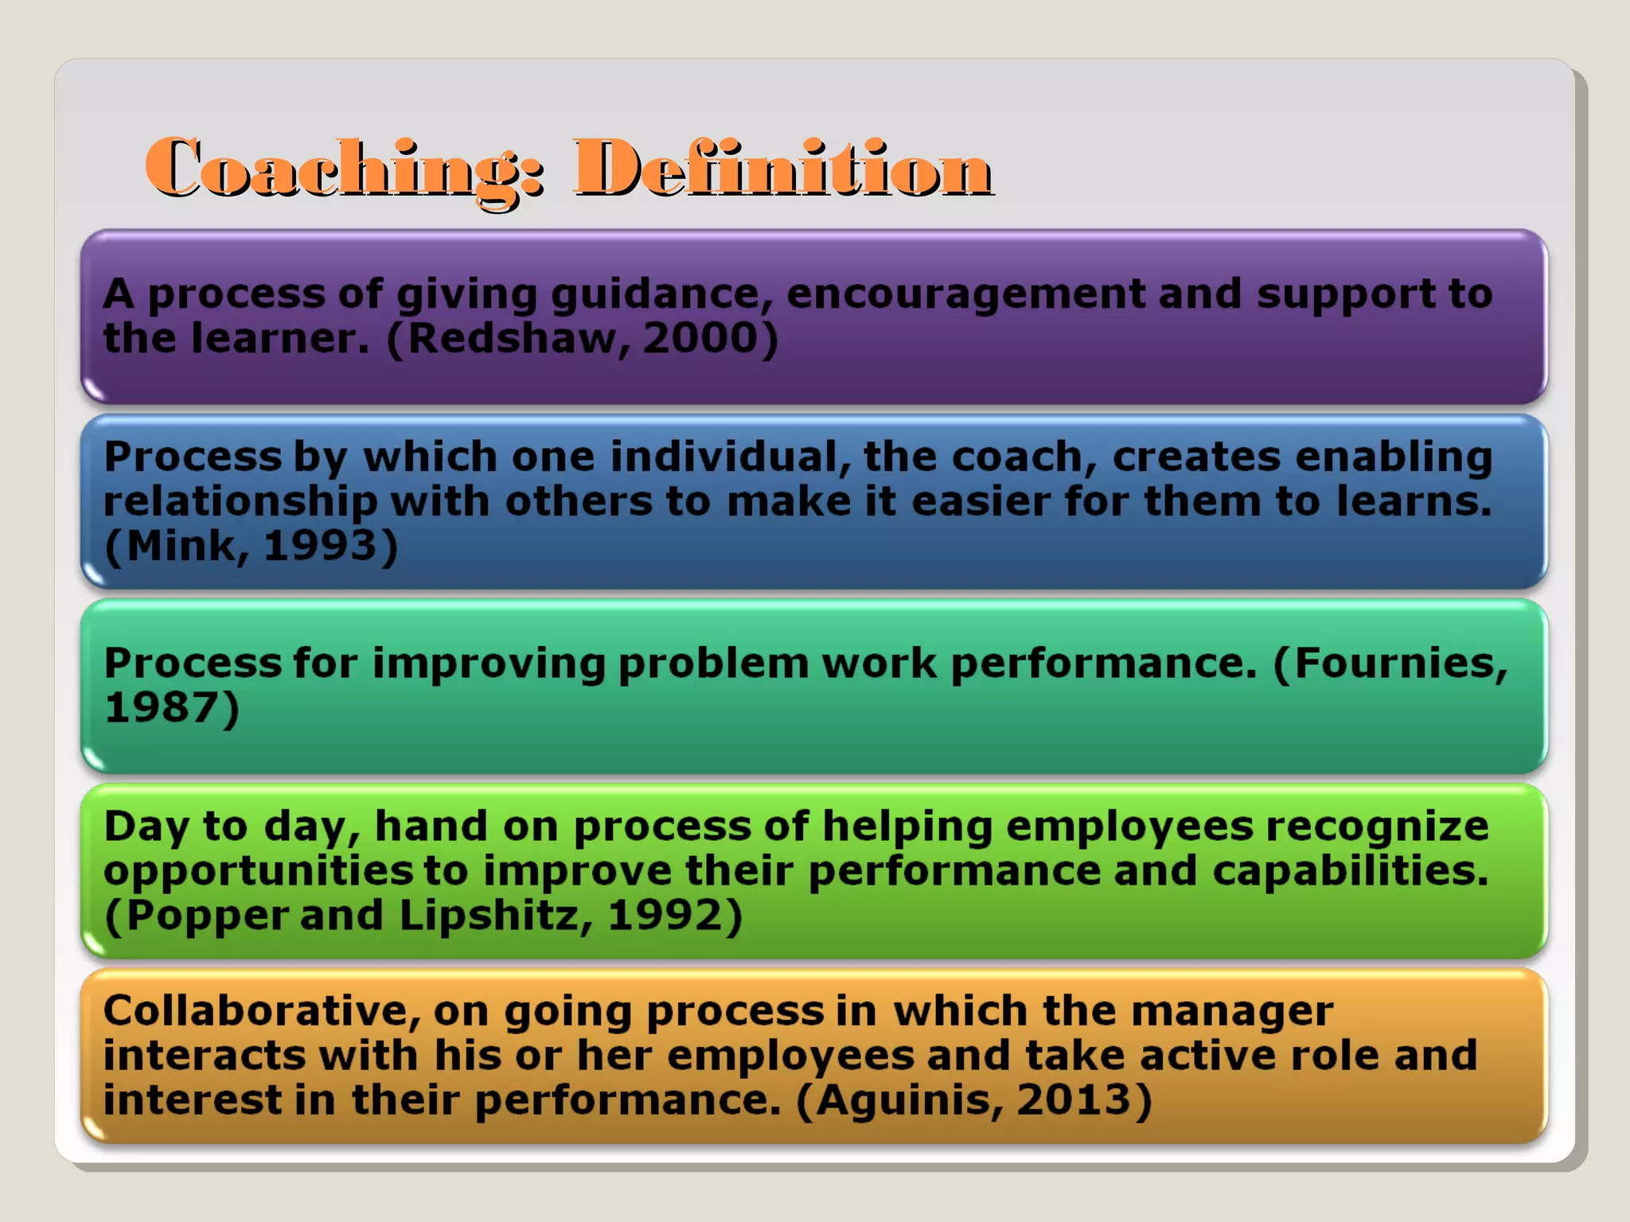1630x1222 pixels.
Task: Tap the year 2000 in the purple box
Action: pyautogui.click(x=700, y=338)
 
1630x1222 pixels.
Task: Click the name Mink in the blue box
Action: pyautogui.click(x=181, y=546)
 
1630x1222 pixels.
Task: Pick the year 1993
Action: pyautogui.click(x=319, y=546)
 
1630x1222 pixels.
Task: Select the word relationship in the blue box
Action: pyautogui.click(x=240, y=503)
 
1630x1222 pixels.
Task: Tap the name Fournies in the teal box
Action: pyautogui.click(x=1401, y=663)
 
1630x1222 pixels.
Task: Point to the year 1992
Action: pyautogui.click(x=665, y=915)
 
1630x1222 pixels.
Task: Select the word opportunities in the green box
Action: pyautogui.click(x=258, y=872)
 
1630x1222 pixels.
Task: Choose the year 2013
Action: pyautogui.click(x=1074, y=1099)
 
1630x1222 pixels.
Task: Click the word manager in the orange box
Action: pyautogui.click(x=1231, y=1011)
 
